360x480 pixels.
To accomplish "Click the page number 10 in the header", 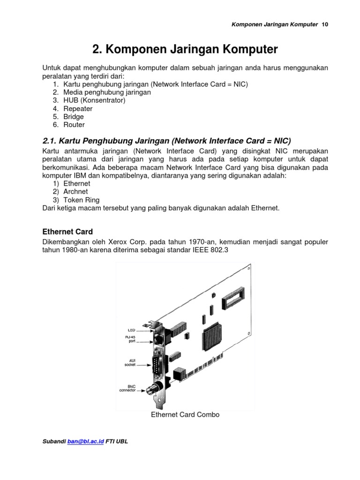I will [325, 24].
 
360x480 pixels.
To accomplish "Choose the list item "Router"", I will [74, 125].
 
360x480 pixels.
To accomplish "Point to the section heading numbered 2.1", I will [166, 141].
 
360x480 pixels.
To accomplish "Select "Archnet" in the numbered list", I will [75, 192].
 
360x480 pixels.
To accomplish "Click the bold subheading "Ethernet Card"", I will [67, 232].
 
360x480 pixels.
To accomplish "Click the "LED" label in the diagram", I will [131, 330].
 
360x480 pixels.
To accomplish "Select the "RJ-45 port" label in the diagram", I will [130, 338].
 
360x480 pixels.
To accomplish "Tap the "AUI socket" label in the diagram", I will [130, 362].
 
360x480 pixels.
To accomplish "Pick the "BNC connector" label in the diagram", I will [128, 388].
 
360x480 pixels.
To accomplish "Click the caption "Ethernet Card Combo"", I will [185, 414].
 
